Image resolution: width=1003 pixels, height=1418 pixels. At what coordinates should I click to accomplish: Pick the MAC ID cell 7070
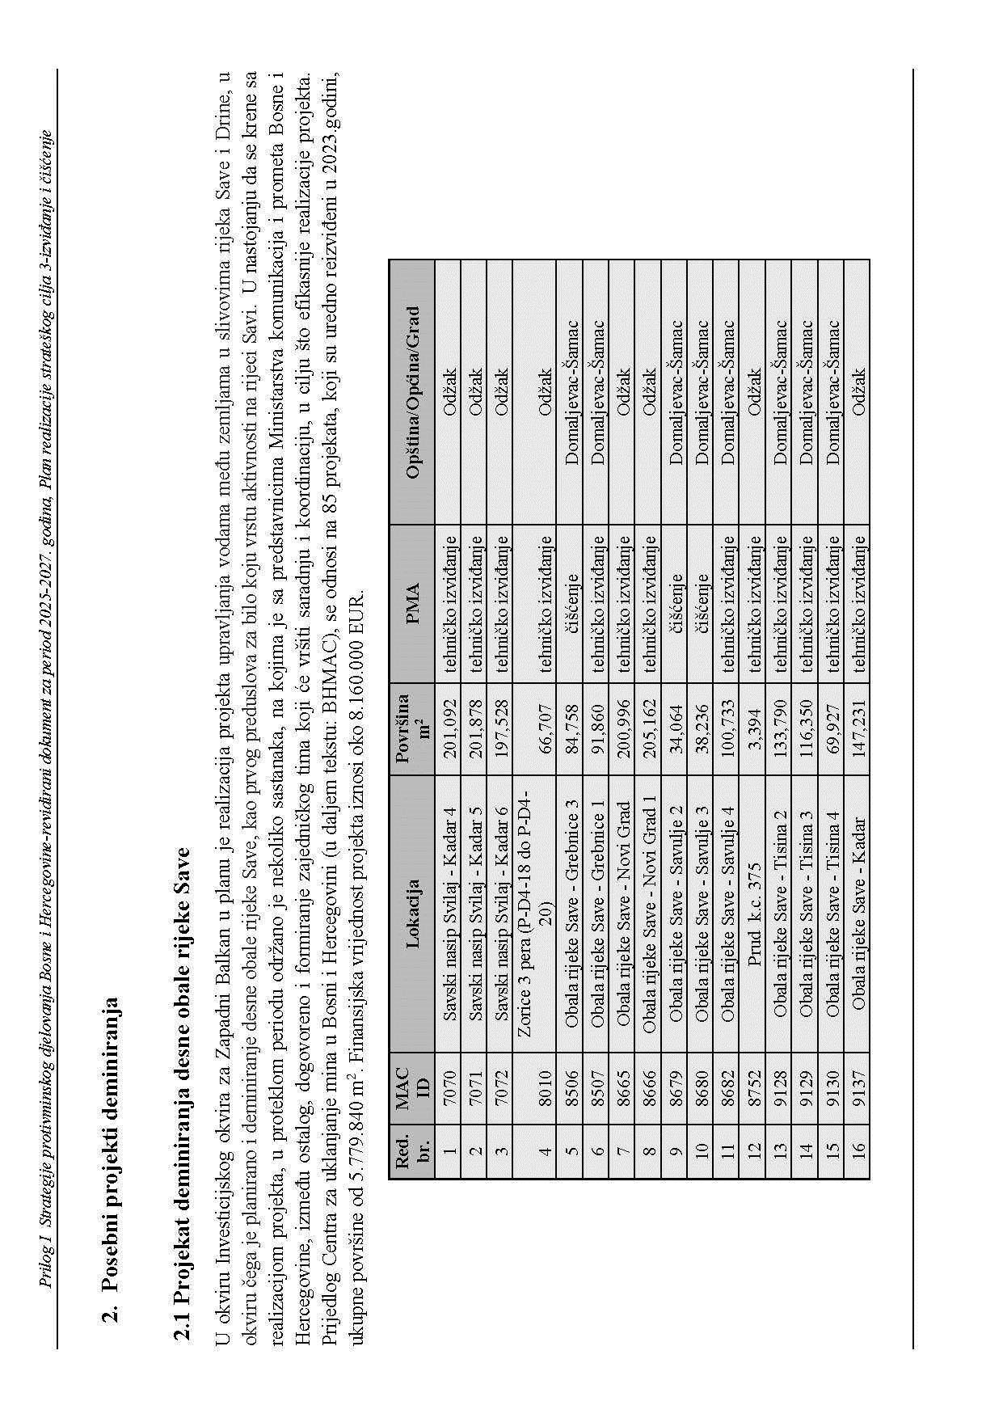449,1091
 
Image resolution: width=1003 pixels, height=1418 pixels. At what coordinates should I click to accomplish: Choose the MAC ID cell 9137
858,1091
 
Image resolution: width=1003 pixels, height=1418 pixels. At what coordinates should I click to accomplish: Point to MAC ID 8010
546,1091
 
